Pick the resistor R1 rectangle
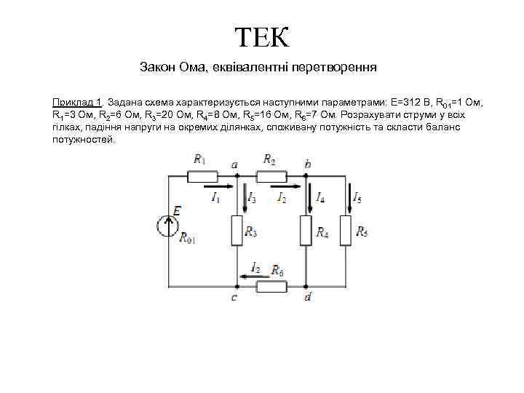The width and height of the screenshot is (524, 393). pyautogui.click(x=202, y=175)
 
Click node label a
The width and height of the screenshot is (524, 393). pyautogui.click(x=234, y=164)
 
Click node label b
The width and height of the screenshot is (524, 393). pyautogui.click(x=308, y=164)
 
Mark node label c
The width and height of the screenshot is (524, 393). pyautogui.click(x=234, y=297)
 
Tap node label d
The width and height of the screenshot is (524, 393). pyautogui.click(x=308, y=297)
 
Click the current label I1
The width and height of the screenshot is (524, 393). pyautogui.click(x=215, y=197)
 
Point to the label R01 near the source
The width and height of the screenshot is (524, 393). pyautogui.click(x=187, y=237)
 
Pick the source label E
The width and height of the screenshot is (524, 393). pyautogui.click(x=177, y=210)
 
